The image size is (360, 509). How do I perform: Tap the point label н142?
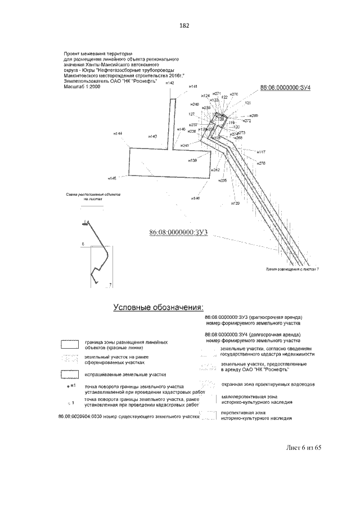[170, 83]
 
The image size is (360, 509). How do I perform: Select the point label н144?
[118, 133]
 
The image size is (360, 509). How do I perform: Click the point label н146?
[195, 198]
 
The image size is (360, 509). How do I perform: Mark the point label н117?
[261, 152]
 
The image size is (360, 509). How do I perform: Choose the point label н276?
[261, 163]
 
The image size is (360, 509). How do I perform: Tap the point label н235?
[222, 181]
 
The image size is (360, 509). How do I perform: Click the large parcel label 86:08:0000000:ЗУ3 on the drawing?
[179, 232]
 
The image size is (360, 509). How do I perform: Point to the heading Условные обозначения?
[158, 307]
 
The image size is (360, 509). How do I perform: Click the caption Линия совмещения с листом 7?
[292, 269]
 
